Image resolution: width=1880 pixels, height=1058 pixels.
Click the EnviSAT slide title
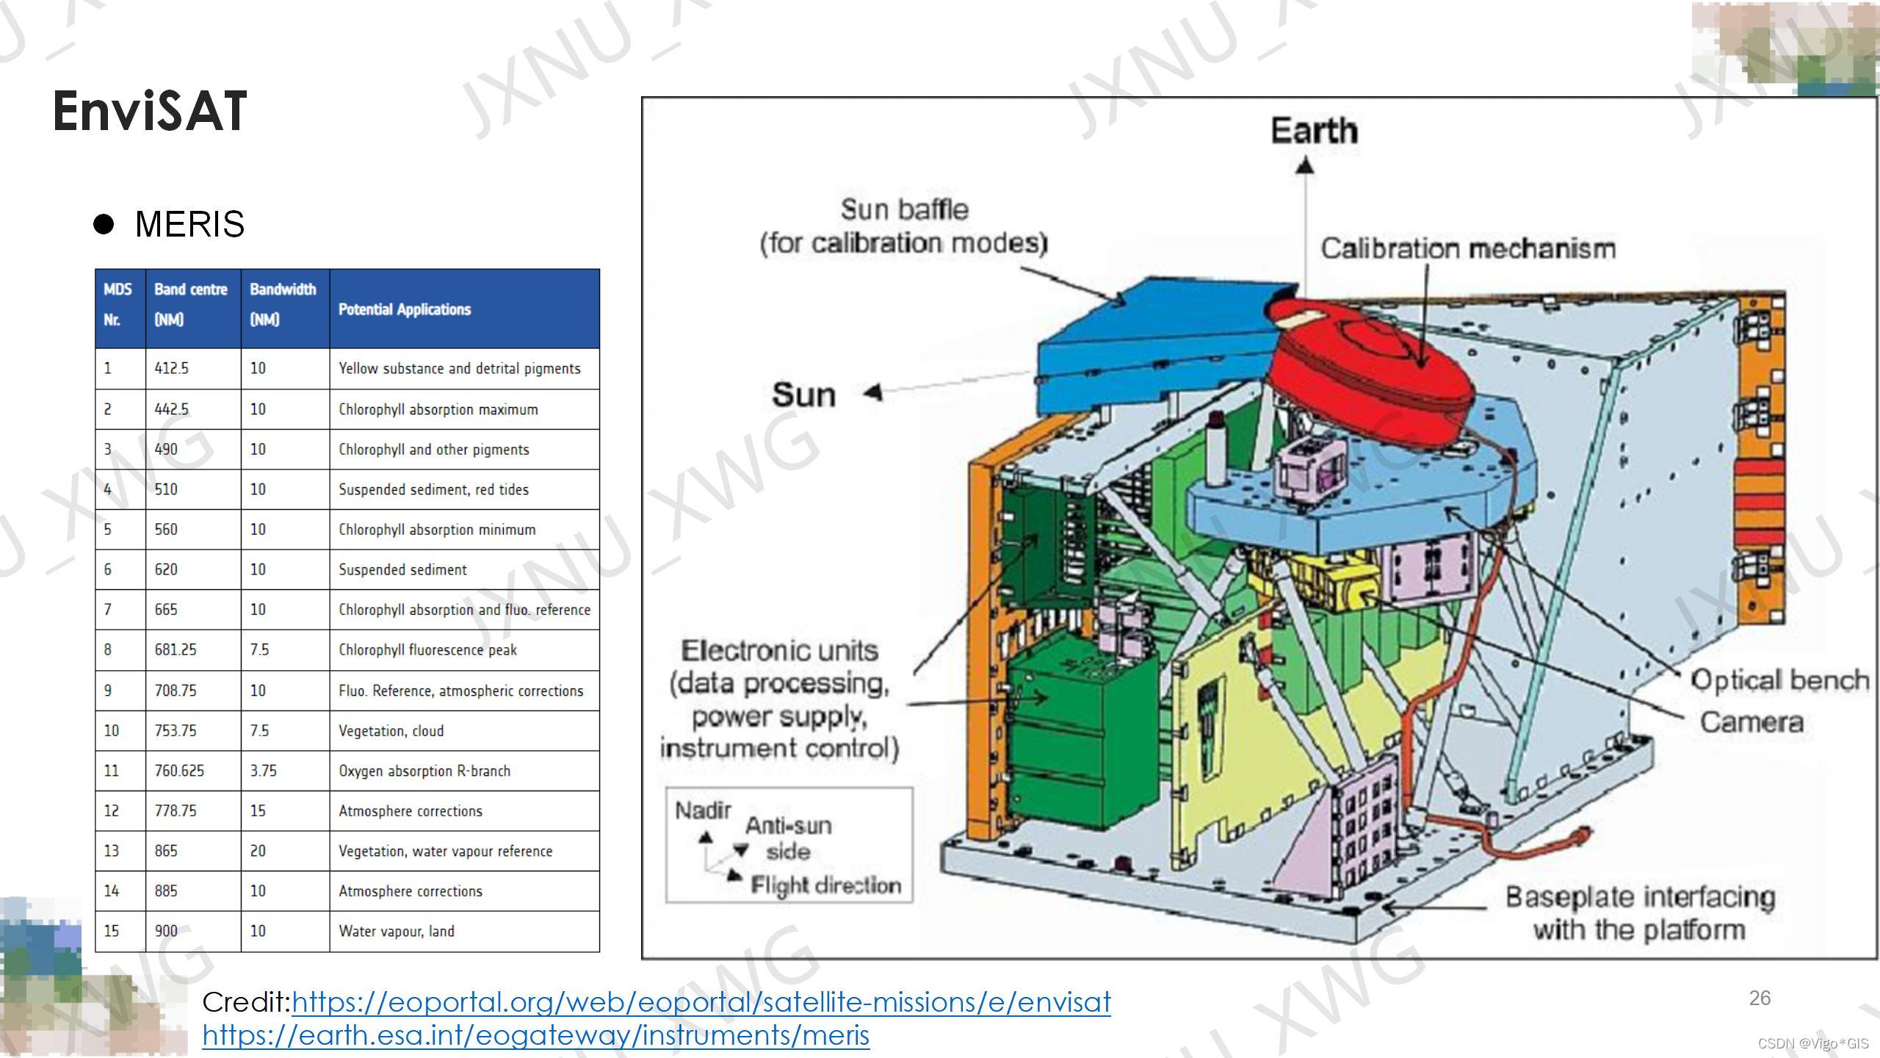click(150, 112)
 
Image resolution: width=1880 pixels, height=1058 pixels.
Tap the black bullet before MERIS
click(104, 223)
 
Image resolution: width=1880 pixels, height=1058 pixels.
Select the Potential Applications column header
click(405, 309)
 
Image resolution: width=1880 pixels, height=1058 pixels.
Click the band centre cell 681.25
click(176, 649)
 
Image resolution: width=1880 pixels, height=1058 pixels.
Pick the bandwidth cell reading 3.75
click(263, 771)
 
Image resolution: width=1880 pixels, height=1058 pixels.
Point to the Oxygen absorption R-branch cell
click(424, 771)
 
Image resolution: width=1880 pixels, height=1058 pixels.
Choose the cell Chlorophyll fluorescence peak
click(427, 649)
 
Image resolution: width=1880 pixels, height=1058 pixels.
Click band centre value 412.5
click(171, 368)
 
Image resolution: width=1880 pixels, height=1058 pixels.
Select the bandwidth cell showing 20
click(258, 851)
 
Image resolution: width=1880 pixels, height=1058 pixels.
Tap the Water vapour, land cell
click(397, 931)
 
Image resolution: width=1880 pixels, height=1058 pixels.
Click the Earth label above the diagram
click(1314, 132)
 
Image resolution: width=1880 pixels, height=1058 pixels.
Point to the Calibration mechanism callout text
click(1468, 248)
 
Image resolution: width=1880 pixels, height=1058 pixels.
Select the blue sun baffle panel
click(1146, 345)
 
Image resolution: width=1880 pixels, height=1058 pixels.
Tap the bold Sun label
click(803, 395)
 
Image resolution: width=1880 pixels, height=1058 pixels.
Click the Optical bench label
click(1779, 680)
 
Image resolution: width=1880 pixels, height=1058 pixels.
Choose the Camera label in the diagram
click(1751, 722)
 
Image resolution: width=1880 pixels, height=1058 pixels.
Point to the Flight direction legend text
click(825, 885)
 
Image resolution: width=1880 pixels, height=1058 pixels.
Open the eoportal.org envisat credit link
click(701, 1002)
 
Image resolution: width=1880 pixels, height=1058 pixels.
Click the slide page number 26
click(1760, 998)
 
